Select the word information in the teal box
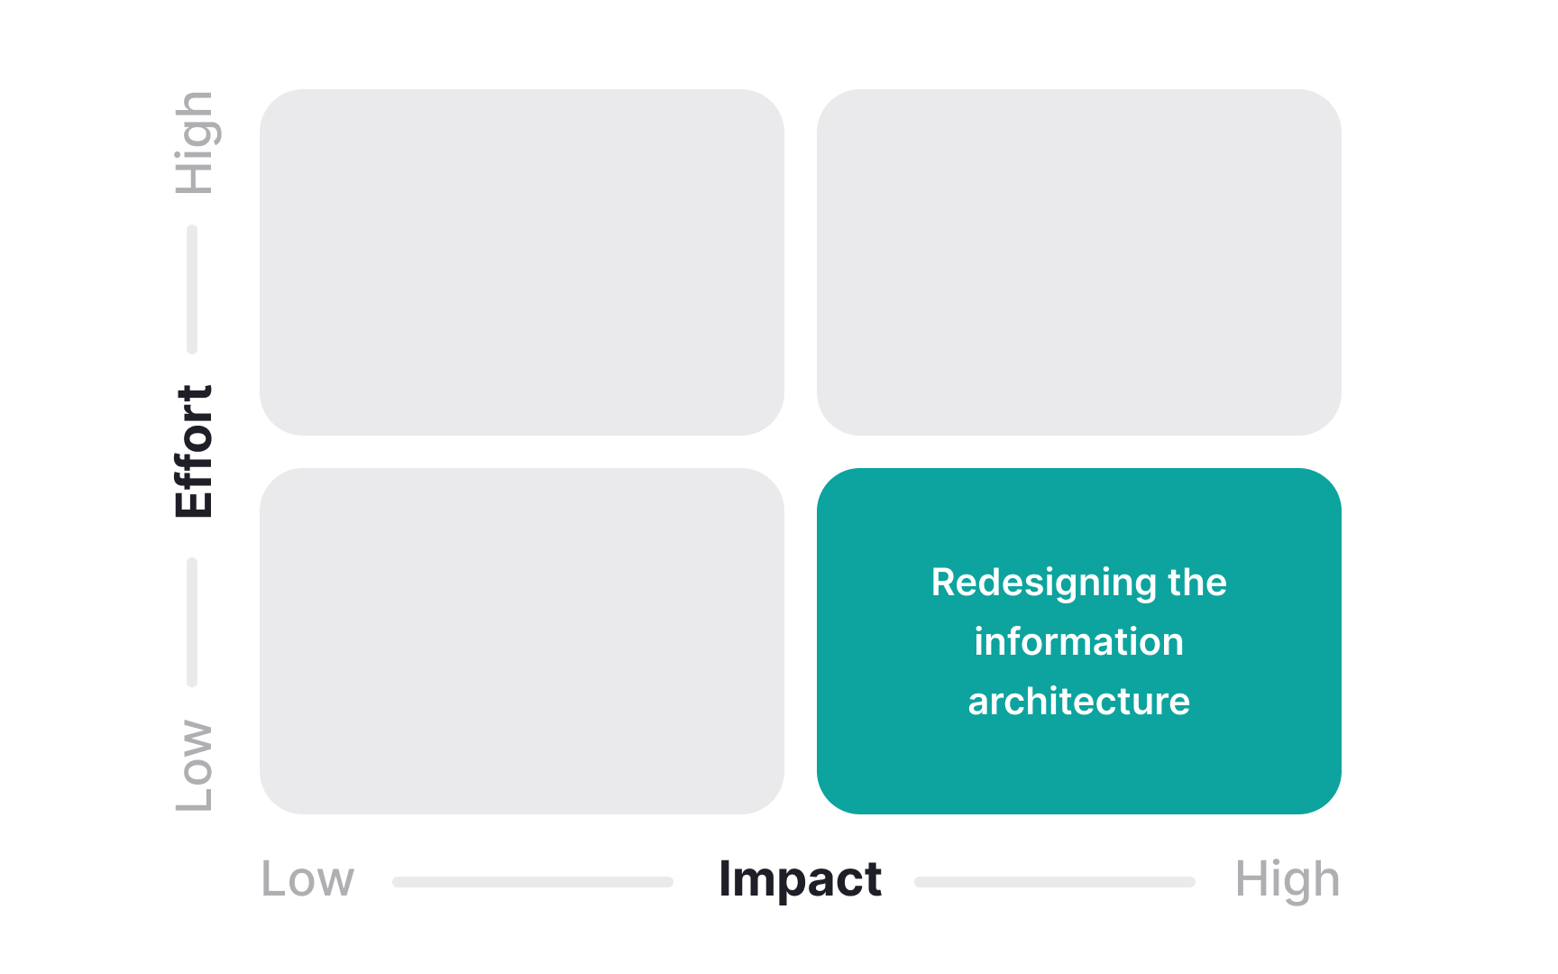pos(1078,642)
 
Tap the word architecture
pos(1078,702)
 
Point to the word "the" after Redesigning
pos(1197,583)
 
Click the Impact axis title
pos(800,879)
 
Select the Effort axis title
pos(194,451)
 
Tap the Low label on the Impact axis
pos(307,879)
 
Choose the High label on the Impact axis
pos(1287,879)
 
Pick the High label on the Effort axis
pos(194,142)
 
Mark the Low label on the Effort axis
pos(194,765)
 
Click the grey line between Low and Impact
pos(533,881)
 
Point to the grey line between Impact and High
pos(1055,881)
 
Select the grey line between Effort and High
pos(192,289)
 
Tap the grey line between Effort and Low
pos(192,622)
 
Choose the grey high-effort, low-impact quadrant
pos(521,262)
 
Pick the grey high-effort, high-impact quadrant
pos(1078,262)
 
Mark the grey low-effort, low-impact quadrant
pos(521,640)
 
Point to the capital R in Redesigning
pos(942,583)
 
